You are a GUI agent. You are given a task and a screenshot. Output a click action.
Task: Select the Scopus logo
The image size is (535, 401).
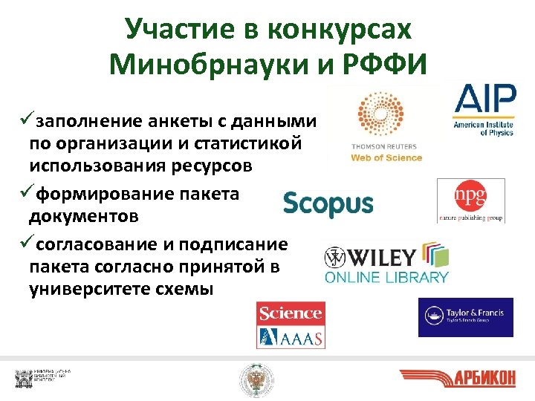tap(328, 203)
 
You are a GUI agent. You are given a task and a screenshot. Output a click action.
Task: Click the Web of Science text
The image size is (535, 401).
tap(386, 157)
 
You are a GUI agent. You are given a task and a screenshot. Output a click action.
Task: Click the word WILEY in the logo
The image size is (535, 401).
tap(378, 258)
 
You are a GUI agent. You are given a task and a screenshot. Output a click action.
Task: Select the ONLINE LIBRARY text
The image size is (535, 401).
tap(386, 278)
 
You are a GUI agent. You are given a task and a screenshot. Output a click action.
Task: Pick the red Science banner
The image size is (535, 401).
tap(291, 313)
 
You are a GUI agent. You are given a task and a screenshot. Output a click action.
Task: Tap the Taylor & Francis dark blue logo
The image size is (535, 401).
tap(465, 317)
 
